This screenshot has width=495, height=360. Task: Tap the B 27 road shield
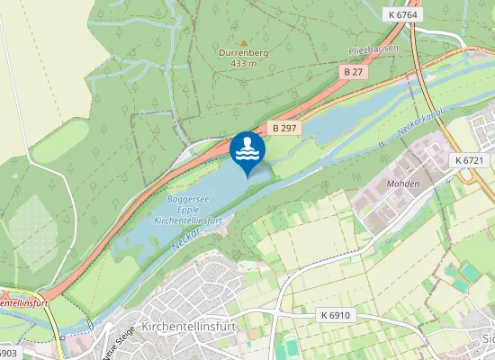[354, 69]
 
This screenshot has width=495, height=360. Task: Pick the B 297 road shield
[283, 129]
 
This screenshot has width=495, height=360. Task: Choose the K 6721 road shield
[469, 160]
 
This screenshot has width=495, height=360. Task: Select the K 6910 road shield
[334, 316]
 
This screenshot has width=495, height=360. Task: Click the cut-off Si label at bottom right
[488, 339]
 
